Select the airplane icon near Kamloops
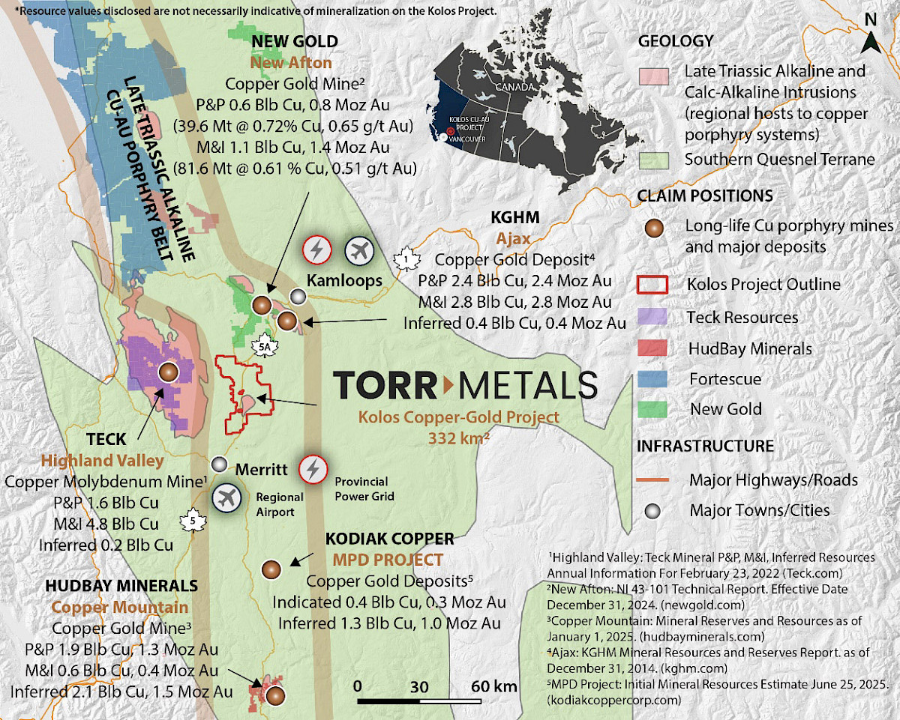(359, 251)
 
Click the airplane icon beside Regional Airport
(226, 497)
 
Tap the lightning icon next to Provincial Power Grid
(313, 470)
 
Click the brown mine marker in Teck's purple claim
(168, 372)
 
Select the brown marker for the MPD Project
(271, 569)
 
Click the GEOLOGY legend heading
(675, 41)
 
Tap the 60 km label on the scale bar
(494, 686)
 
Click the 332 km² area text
(459, 438)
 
